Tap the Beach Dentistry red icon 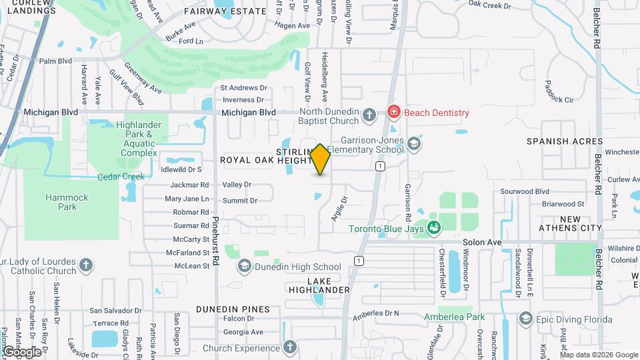coord(394,113)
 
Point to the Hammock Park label coord(61,202)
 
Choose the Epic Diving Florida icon coord(525,319)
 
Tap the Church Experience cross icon coord(289,347)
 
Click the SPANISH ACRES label coord(565,141)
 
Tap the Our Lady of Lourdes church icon coord(86,266)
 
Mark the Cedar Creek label coord(121,177)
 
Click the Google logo coord(22,351)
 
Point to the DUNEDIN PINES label coord(233,309)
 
